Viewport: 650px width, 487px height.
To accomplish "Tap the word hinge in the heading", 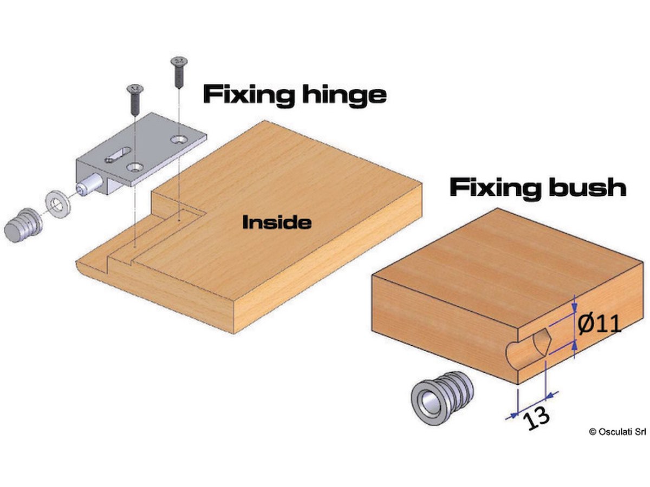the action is [x=344, y=94].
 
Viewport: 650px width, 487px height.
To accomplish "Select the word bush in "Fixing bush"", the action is [x=587, y=187].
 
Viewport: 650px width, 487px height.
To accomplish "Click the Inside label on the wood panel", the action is [x=277, y=222].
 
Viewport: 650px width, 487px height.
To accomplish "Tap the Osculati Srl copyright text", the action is [x=617, y=431].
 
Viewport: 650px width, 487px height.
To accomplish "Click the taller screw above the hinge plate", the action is [x=179, y=72].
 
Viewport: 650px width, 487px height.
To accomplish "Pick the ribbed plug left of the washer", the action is [x=23, y=225].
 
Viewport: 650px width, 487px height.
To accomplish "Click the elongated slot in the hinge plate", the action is [x=118, y=155].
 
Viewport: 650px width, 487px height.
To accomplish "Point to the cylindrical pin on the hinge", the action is [x=89, y=185].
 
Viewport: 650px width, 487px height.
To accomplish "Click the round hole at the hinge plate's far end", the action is [x=179, y=139].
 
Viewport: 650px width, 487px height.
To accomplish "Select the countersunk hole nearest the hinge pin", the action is [x=135, y=168].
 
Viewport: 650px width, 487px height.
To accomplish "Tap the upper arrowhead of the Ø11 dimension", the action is [x=574, y=308].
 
